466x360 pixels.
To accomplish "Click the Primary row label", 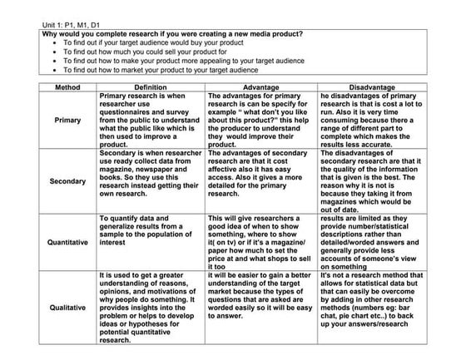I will click(68, 121).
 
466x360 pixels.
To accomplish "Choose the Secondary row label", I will click(68, 180).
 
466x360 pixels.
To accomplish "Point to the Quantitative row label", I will click(68, 243).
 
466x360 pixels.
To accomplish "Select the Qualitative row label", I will click(68, 308).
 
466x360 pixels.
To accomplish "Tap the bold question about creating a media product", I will click(172, 34).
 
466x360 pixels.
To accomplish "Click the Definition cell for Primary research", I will click(150, 121).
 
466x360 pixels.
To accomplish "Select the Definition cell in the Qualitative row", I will click(150, 308).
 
